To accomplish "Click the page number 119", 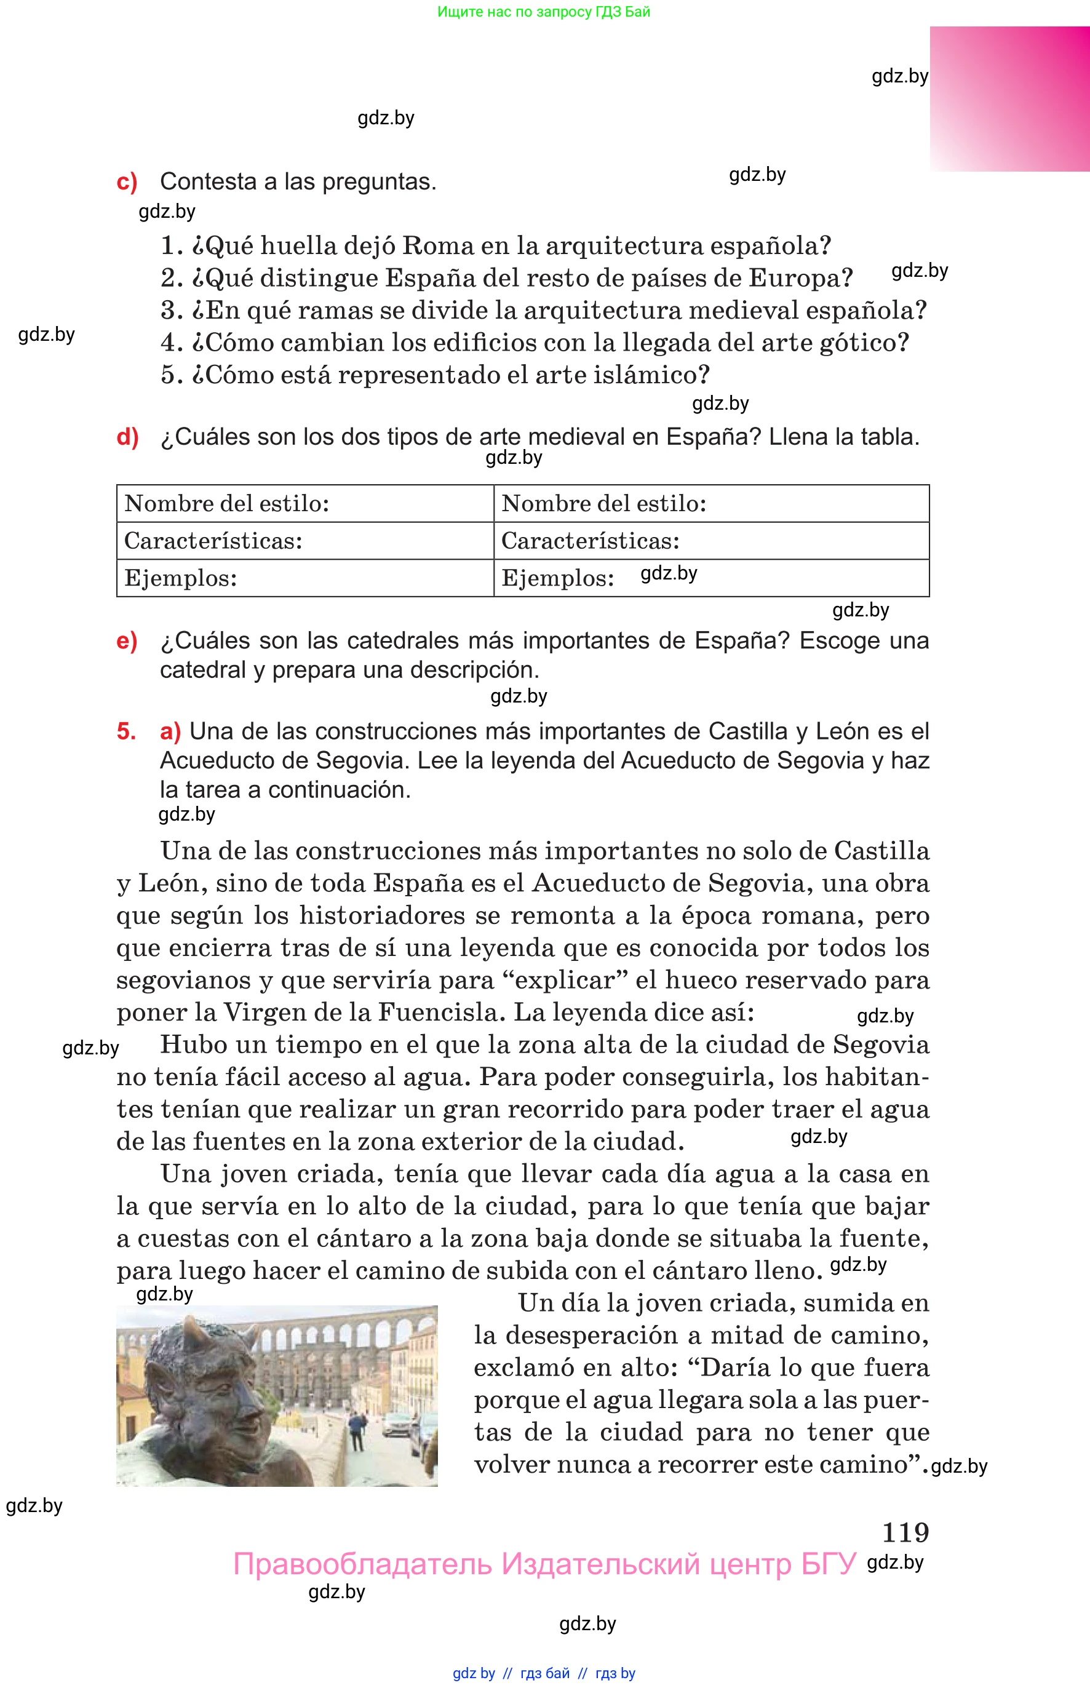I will [905, 1532].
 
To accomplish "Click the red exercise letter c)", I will [127, 182].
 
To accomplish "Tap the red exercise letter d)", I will [127, 437].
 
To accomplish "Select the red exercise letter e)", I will [127, 640].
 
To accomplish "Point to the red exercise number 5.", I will [126, 731].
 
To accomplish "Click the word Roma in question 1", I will [438, 245].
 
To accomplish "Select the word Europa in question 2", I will [800, 278].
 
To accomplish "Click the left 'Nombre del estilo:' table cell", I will [304, 503].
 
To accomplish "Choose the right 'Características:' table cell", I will [710, 541].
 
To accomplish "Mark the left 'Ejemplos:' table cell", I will [304, 578].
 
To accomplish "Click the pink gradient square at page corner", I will [1009, 99].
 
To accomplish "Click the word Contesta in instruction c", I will [208, 182].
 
